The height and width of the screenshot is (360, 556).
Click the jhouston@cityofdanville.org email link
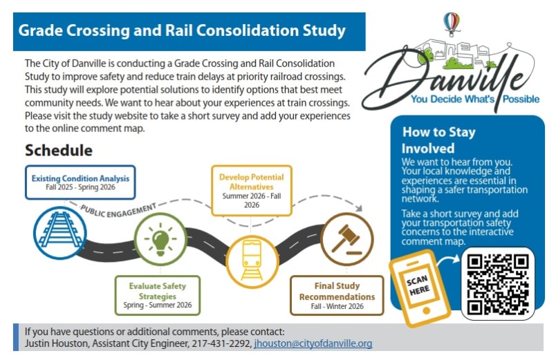(x=313, y=343)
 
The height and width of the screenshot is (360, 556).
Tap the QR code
(x=498, y=284)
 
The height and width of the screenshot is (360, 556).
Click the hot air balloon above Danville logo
(x=452, y=23)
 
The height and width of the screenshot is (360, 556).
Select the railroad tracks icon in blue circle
(x=60, y=233)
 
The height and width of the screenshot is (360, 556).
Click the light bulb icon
(x=160, y=239)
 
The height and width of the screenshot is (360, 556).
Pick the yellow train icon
(x=252, y=261)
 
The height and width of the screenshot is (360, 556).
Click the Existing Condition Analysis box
(x=80, y=182)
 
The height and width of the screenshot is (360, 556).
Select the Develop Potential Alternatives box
(x=252, y=190)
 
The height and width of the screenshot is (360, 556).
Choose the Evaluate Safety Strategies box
(x=158, y=295)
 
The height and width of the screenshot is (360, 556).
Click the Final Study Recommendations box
(x=337, y=296)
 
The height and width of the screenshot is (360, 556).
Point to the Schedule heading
(x=59, y=150)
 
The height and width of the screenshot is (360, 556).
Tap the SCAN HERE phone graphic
(x=420, y=287)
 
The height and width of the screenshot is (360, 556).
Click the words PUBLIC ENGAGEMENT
(x=118, y=210)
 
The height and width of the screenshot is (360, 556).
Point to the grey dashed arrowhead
(x=359, y=209)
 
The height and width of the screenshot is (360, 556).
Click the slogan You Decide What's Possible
(x=475, y=99)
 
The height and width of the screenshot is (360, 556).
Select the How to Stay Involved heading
(x=438, y=140)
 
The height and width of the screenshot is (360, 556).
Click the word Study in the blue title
(x=324, y=31)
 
